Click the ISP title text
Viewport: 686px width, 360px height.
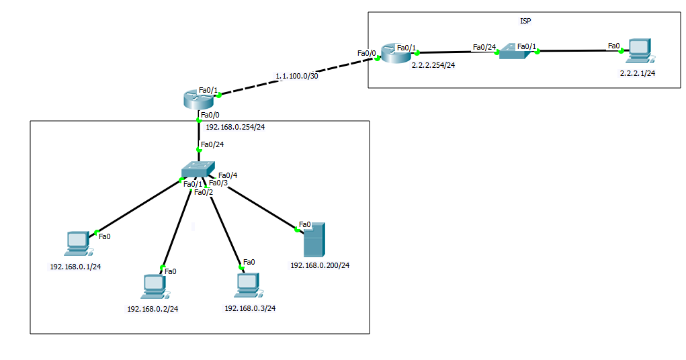click(525, 21)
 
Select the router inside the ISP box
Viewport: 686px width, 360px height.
click(394, 54)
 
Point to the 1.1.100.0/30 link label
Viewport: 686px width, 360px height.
click(296, 77)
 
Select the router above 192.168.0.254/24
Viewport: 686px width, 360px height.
click(198, 99)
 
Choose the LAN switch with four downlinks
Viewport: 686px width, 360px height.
click(198, 169)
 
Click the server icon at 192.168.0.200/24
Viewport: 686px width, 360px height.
click(313, 241)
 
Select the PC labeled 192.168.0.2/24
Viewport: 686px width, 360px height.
click(154, 285)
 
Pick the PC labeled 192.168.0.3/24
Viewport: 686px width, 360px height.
click(247, 285)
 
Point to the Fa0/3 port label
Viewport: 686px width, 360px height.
click(218, 183)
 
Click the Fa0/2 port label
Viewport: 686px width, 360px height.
click(203, 192)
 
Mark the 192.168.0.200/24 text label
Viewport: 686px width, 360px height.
click(320, 265)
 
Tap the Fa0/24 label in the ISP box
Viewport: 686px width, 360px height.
click(484, 46)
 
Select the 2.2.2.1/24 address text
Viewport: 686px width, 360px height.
click(637, 73)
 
